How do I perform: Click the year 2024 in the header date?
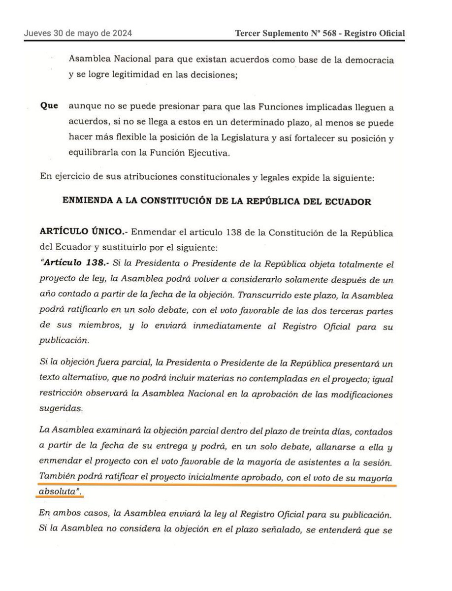121,33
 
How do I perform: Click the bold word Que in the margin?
50,106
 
